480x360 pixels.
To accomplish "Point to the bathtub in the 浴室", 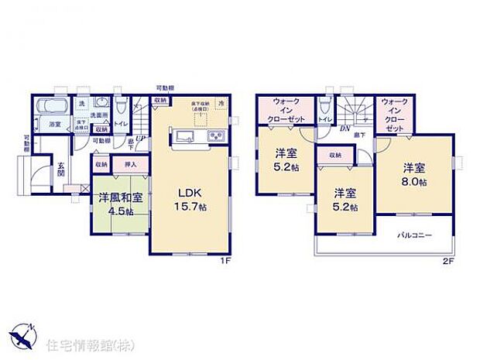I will click(x=53, y=108).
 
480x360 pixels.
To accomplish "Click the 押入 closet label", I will click(x=130, y=164).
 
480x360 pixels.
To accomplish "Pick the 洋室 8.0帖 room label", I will click(x=415, y=174).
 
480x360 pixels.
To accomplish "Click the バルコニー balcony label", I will click(x=415, y=235).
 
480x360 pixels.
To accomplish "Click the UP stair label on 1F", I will click(x=139, y=139).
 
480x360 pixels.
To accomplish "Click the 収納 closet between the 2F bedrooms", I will click(x=334, y=156).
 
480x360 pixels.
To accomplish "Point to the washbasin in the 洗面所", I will click(x=101, y=107).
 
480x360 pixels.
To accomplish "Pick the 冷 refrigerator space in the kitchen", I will click(x=221, y=104).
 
